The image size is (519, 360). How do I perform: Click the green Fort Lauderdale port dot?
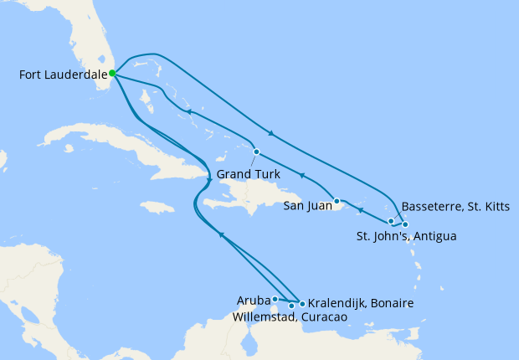pos(112,74)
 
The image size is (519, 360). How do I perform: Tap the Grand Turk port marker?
pos(256,152)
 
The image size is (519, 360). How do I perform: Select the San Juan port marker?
pos(336,201)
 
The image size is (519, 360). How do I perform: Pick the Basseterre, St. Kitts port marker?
pos(391,221)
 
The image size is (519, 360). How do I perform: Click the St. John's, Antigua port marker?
pos(405,224)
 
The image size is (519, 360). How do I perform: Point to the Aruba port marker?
pos(275,299)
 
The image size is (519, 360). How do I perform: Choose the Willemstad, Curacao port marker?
pos(291,306)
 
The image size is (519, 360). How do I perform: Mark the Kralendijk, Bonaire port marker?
pos(302,303)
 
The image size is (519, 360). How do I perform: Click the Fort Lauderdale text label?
pos(62,75)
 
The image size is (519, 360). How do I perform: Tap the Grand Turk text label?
pos(248,175)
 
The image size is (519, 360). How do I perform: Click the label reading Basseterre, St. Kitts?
pos(455,206)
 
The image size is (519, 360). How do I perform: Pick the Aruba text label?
pos(253,300)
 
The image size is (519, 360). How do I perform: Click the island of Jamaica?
pos(157,207)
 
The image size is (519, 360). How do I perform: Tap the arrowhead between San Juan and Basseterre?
pos(360,208)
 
